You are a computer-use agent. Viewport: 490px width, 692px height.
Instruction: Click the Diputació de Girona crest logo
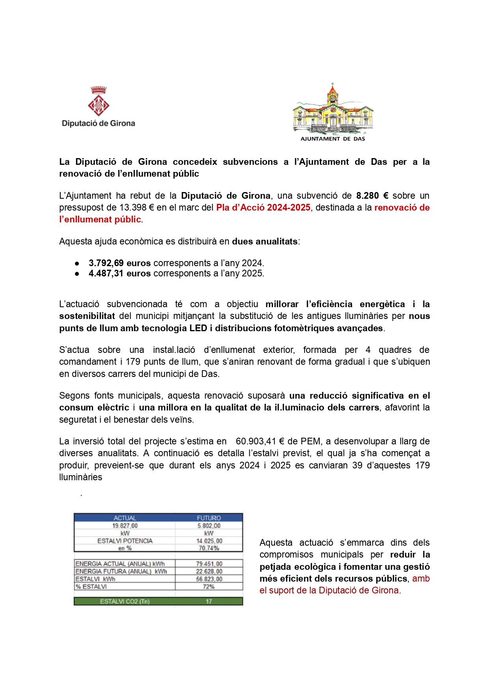(x=98, y=101)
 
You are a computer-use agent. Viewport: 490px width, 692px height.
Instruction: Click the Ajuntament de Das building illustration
(x=333, y=109)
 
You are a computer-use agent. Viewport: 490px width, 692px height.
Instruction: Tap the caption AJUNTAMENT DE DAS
(x=333, y=139)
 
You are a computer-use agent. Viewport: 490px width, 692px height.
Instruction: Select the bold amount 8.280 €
(x=372, y=196)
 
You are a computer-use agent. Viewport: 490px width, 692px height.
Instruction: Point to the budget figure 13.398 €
(x=137, y=207)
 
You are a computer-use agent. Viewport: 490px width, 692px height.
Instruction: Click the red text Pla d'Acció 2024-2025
(x=263, y=207)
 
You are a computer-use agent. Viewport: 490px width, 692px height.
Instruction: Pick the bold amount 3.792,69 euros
(x=120, y=263)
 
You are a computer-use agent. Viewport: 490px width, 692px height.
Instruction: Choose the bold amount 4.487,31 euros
(x=120, y=273)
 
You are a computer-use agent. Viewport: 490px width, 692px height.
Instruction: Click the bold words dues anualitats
(x=265, y=241)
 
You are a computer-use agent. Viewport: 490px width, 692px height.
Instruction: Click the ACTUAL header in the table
(x=125, y=518)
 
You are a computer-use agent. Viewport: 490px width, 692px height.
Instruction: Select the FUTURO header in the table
(x=209, y=518)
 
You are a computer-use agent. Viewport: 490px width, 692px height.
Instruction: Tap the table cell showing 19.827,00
(x=125, y=526)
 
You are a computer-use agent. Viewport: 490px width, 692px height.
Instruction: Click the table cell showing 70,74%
(x=209, y=548)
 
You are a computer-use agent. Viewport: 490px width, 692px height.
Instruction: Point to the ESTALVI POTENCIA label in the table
(x=125, y=541)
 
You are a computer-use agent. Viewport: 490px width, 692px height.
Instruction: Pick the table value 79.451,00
(x=209, y=564)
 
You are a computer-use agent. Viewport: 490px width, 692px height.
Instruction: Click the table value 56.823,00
(x=209, y=579)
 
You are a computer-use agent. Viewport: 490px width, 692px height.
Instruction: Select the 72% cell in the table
(x=209, y=586)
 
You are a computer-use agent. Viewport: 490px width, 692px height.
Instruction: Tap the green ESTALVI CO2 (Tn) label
(x=125, y=601)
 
